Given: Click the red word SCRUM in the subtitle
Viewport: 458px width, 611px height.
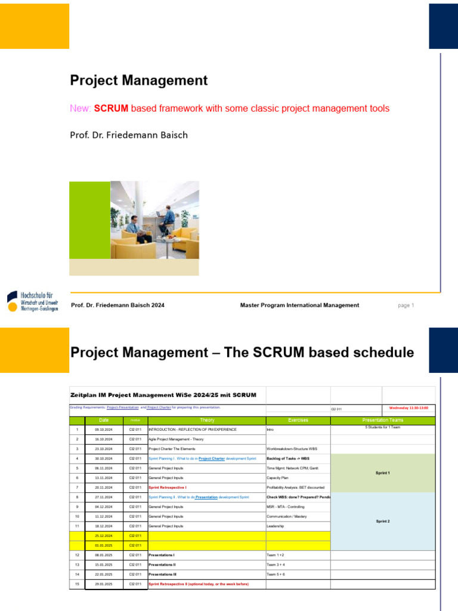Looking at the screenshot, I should (112, 109).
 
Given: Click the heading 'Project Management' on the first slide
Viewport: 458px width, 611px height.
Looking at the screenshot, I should (139, 81).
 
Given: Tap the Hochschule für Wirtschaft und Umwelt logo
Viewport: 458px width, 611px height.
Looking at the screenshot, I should (33, 301).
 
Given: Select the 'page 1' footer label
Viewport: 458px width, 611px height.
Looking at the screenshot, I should (406, 305).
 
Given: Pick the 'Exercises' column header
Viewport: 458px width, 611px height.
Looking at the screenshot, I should (298, 420).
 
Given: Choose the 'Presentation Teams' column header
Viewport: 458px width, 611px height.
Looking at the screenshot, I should (382, 420).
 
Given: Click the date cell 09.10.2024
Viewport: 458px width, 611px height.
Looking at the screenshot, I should (104, 430).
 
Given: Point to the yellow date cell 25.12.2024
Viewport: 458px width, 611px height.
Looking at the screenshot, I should (104, 536).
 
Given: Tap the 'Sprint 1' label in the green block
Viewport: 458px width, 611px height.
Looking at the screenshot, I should (382, 473).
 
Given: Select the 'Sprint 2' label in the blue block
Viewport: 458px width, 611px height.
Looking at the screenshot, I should (382, 521).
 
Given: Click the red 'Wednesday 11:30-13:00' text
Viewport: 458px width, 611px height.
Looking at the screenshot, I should (411, 408).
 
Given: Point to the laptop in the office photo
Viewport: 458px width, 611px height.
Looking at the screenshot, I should (160, 214).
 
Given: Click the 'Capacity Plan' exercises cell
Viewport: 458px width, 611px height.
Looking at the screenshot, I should (278, 478).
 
